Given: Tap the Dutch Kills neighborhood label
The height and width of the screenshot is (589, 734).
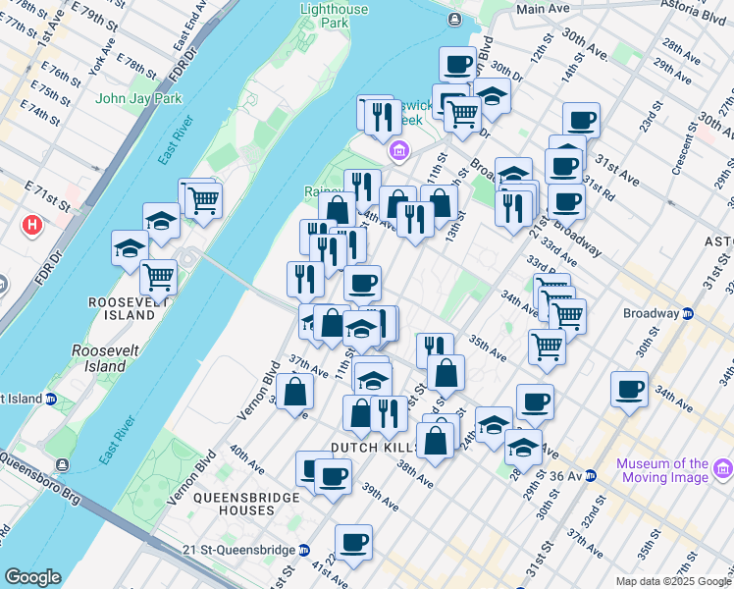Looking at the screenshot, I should pyautogui.click(x=368, y=448).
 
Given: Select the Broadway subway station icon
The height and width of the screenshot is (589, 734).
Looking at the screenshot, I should pyautogui.click(x=688, y=314).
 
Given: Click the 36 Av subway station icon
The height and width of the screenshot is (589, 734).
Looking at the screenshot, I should pyautogui.click(x=591, y=476).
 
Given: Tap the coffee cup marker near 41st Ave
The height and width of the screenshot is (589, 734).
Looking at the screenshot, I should pyautogui.click(x=353, y=540).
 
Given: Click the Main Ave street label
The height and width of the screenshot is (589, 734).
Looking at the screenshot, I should pyautogui.click(x=543, y=8).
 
